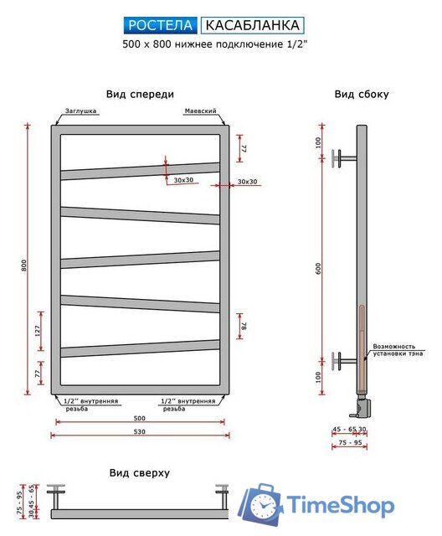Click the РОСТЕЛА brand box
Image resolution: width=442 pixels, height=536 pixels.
click(x=160, y=25)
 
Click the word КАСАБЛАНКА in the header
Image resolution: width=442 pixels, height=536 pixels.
click(x=253, y=25)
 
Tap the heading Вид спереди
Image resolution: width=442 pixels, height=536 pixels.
click(x=140, y=94)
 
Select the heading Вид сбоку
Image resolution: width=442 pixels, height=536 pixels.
click(x=362, y=94)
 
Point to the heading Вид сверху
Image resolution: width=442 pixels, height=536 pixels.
click(x=139, y=472)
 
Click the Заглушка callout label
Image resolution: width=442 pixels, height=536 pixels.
click(x=80, y=111)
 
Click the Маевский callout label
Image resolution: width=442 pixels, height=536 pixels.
click(x=201, y=111)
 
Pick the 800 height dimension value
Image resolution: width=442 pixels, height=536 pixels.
click(x=23, y=265)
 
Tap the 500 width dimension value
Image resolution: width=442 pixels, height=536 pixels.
click(x=139, y=418)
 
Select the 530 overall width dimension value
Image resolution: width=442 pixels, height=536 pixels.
click(x=139, y=431)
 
